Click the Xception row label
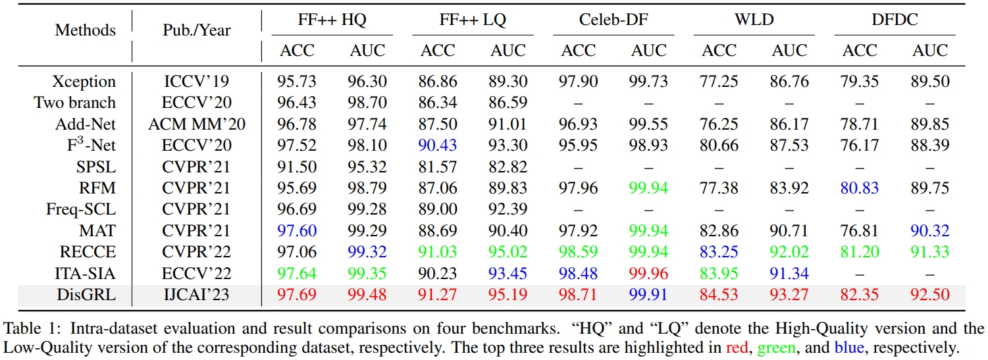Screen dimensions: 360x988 84,82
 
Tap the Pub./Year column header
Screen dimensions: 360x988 196,30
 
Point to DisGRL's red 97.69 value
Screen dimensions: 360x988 298,295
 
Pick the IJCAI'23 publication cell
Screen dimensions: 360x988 196,295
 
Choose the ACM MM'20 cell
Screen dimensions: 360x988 196,124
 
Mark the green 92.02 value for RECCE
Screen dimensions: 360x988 789,252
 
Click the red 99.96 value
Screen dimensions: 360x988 649,274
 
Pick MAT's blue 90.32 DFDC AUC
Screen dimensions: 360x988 930,231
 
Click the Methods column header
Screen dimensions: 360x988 86,30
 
